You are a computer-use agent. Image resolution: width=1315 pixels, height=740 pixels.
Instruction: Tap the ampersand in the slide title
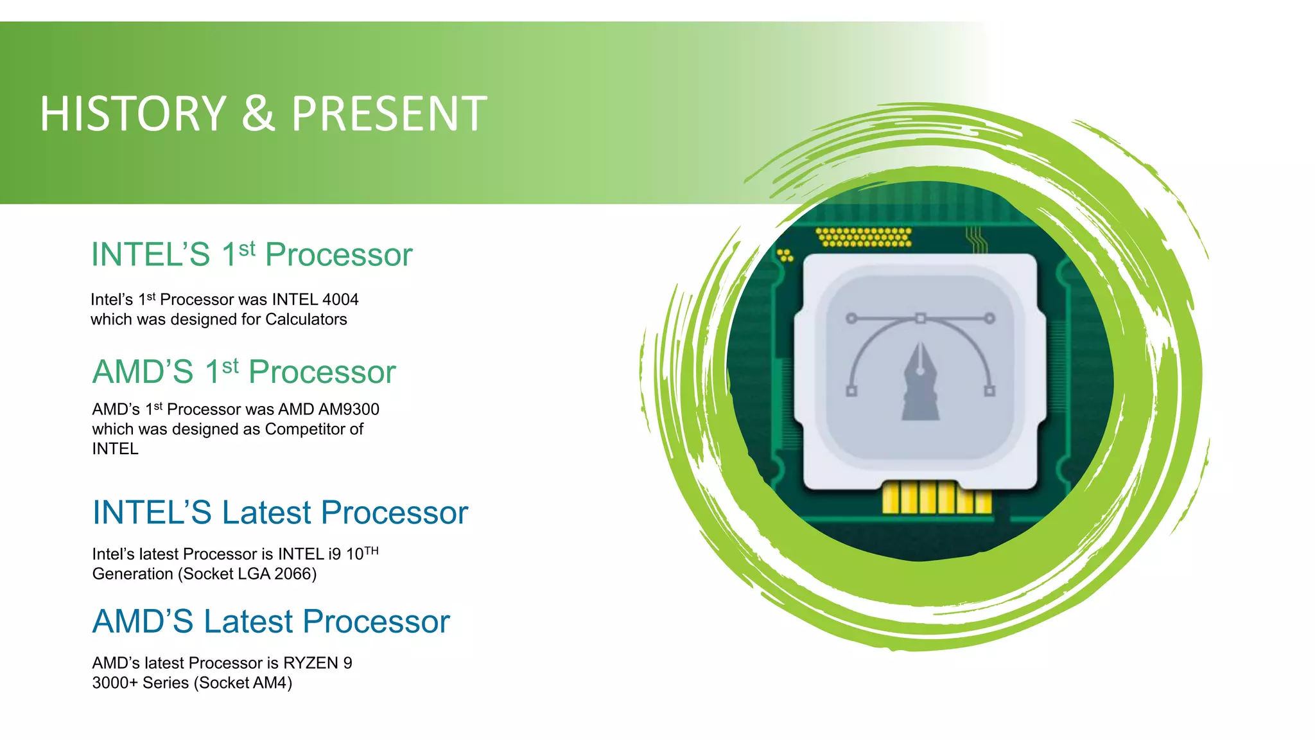pos(258,114)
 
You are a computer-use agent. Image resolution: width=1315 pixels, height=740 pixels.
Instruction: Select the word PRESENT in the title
pos(389,114)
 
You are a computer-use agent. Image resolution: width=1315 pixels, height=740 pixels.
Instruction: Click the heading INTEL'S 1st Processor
pos(251,254)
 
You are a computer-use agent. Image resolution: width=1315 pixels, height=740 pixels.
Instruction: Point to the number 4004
pos(340,299)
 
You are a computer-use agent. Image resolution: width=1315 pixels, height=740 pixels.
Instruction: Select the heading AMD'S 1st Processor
pos(244,372)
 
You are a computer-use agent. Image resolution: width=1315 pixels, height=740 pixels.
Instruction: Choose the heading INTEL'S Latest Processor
pos(280,513)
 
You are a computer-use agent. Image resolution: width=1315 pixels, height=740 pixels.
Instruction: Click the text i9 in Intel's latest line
pos(335,554)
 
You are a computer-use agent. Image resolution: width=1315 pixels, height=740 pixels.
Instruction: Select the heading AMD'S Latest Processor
pos(271,622)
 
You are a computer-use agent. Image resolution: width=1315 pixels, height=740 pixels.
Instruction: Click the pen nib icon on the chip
pos(920,382)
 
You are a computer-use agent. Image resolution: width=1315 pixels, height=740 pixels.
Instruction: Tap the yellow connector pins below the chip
pos(936,498)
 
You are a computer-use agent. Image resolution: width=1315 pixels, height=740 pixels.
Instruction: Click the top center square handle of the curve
pos(920,318)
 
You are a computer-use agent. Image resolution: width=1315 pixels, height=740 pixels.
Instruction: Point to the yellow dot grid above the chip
pos(864,237)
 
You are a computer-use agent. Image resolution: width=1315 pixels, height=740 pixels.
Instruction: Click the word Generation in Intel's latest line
pos(133,574)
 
